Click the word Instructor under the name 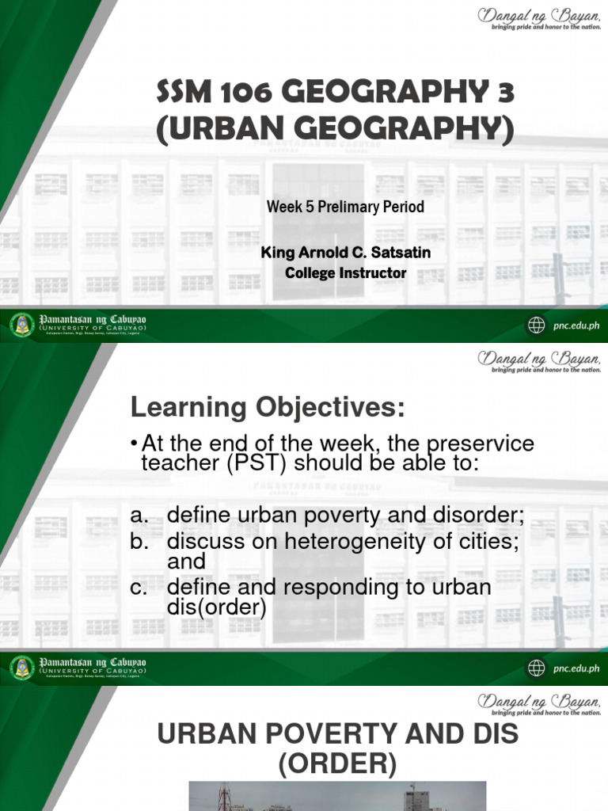pos(370,273)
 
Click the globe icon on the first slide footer pos(537,325)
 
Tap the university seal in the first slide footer pos(21,325)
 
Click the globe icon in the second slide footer pos(537,668)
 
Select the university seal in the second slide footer pos(21,668)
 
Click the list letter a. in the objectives pos(139,516)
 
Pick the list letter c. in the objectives pos(139,588)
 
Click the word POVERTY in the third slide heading pos(339,734)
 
